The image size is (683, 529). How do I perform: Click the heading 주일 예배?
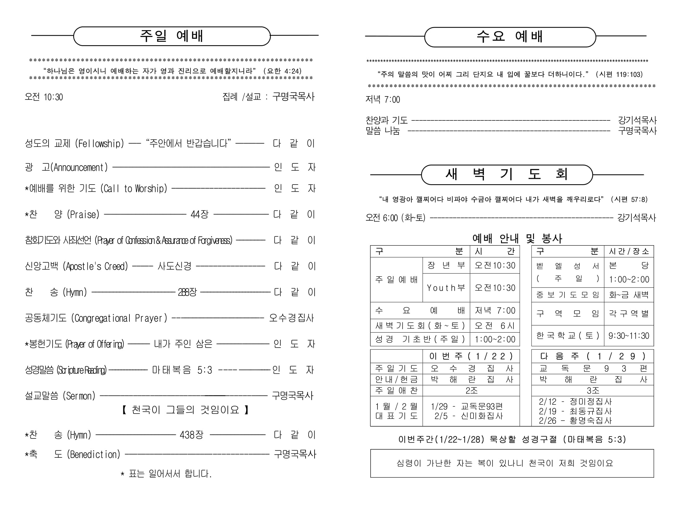[x=171, y=36]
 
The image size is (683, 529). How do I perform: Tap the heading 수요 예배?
[x=510, y=37]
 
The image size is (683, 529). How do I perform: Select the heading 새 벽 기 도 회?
[x=507, y=174]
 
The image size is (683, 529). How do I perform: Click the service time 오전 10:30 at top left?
[x=44, y=97]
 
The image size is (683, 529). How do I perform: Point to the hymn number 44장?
[x=199, y=215]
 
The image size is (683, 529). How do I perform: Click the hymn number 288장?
[x=187, y=292]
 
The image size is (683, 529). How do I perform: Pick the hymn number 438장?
[x=191, y=435]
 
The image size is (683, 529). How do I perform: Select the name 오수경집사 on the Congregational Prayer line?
[x=292, y=318]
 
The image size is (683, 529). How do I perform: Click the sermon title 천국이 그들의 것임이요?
[x=185, y=410]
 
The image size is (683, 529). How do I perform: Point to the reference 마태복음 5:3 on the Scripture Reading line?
[x=182, y=370]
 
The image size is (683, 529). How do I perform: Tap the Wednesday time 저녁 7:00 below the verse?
[x=383, y=100]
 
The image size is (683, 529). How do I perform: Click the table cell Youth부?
[x=446, y=288]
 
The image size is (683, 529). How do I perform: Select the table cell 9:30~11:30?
[x=629, y=336]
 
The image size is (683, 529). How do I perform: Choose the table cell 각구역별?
[x=629, y=313]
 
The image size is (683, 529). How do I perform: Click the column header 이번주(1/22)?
[x=471, y=356]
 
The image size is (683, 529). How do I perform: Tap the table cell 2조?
[x=471, y=391]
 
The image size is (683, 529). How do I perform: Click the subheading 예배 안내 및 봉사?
[x=517, y=239]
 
